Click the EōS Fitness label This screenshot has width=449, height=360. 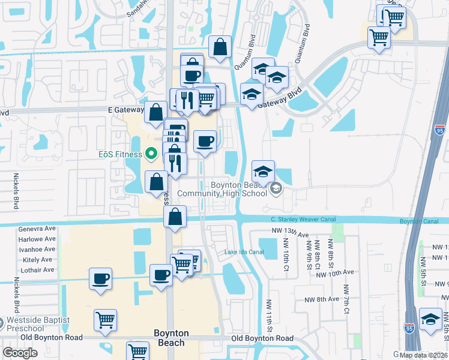pos(120,154)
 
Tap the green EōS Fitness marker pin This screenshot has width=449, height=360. pos(151,154)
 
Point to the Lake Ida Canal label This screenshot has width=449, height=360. pos(244,251)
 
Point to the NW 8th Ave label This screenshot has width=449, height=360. pos(322,299)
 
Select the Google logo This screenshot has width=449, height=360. pos(20,353)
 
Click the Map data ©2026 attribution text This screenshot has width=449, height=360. pos(423,355)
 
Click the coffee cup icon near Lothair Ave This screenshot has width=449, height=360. pos(100,278)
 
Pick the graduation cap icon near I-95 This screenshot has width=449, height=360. pos(430,320)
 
